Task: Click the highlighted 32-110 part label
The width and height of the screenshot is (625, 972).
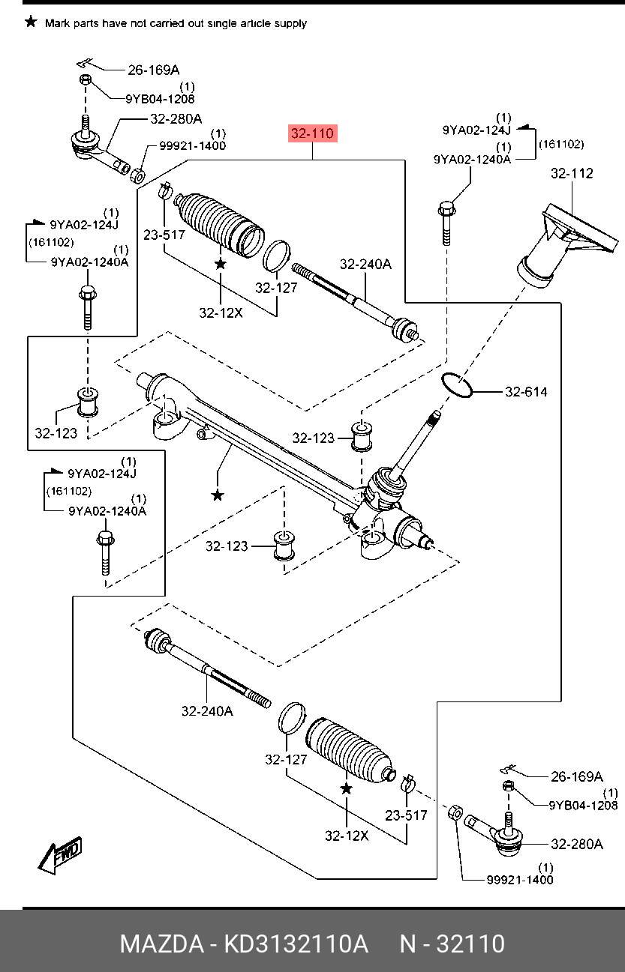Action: pyautogui.click(x=313, y=133)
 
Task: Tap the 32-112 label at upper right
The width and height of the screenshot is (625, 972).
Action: pyautogui.click(x=572, y=174)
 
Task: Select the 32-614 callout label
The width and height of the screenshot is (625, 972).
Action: pyautogui.click(x=526, y=392)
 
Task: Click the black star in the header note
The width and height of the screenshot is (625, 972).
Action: pyautogui.click(x=31, y=22)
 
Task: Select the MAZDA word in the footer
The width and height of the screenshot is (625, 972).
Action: pyautogui.click(x=162, y=944)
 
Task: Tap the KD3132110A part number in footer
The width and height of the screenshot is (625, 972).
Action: pyautogui.click(x=296, y=944)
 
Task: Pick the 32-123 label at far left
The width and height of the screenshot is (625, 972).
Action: pyautogui.click(x=56, y=433)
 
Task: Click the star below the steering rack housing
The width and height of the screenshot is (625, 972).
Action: pyautogui.click(x=217, y=495)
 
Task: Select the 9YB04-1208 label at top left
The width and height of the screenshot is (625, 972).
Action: pyautogui.click(x=161, y=99)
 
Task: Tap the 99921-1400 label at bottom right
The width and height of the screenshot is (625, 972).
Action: pyautogui.click(x=520, y=880)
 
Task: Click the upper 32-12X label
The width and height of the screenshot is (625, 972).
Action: pyautogui.click(x=221, y=313)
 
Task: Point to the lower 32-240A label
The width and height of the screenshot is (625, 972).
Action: pyautogui.click(x=207, y=711)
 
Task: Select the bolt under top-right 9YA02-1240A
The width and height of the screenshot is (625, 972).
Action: pyautogui.click(x=446, y=223)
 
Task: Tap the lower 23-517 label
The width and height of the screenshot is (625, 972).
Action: pyautogui.click(x=406, y=815)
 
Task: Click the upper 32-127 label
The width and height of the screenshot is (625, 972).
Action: pyautogui.click(x=276, y=288)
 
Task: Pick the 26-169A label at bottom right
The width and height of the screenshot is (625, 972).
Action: pyautogui.click(x=577, y=776)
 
